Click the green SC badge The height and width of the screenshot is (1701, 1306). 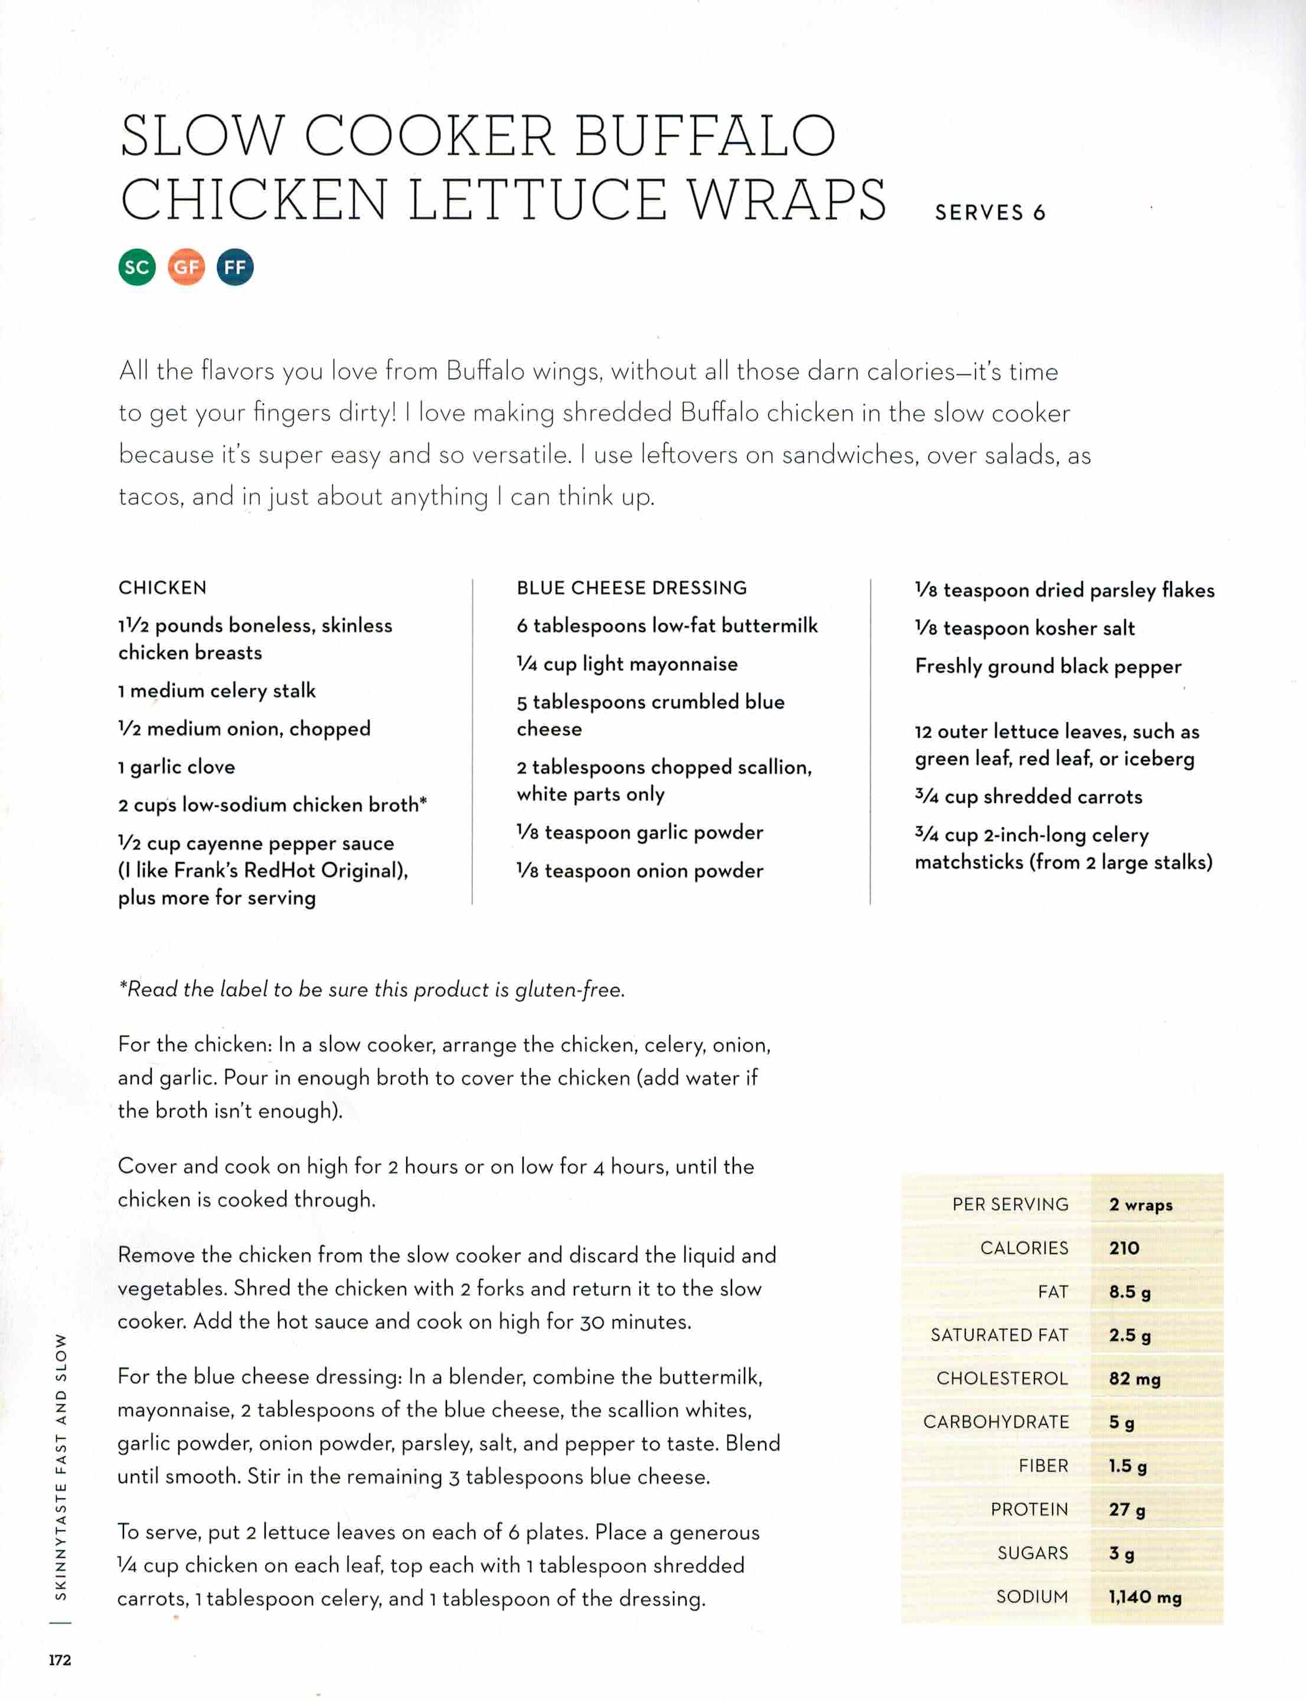pyautogui.click(x=137, y=268)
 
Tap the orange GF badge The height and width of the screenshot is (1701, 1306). pyautogui.click(x=186, y=268)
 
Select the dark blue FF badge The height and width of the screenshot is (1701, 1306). pyautogui.click(x=235, y=268)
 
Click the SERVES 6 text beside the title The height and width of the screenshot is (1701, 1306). pyautogui.click(x=990, y=213)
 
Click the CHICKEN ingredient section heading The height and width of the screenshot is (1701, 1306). pyautogui.click(x=162, y=588)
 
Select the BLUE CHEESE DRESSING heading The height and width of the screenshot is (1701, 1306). pyautogui.click(x=631, y=588)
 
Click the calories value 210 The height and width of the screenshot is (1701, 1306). pyautogui.click(x=1124, y=1249)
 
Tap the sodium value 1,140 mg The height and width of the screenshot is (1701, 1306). pyautogui.click(x=1144, y=1598)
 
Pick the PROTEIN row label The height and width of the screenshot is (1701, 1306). pyautogui.click(x=1029, y=1510)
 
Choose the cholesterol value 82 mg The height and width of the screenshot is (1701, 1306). pyautogui.click(x=1134, y=1379)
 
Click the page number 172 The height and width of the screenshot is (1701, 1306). pyautogui.click(x=60, y=1660)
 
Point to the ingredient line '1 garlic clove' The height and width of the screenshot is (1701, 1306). pyautogui.click(x=177, y=767)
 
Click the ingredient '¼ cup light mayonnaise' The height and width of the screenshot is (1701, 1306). pyautogui.click(x=626, y=664)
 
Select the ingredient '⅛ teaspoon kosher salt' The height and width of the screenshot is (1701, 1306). pyautogui.click(x=1024, y=628)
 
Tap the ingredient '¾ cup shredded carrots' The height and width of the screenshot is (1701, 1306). pyautogui.click(x=1028, y=796)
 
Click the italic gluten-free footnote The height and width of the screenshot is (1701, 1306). pyautogui.click(x=371, y=989)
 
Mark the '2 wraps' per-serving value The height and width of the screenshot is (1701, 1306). pyautogui.click(x=1141, y=1205)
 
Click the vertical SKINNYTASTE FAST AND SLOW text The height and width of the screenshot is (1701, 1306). pyautogui.click(x=61, y=1466)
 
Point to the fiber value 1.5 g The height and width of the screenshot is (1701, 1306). pyautogui.click(x=1127, y=1466)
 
